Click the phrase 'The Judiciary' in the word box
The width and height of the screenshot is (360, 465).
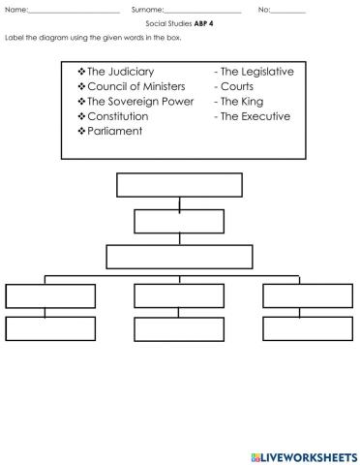click(120, 72)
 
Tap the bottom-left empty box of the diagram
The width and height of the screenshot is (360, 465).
click(49, 327)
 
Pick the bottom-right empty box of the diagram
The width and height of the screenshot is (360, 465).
click(307, 327)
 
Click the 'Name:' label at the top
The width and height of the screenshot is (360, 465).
click(16, 11)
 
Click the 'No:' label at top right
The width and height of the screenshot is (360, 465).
click(264, 11)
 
